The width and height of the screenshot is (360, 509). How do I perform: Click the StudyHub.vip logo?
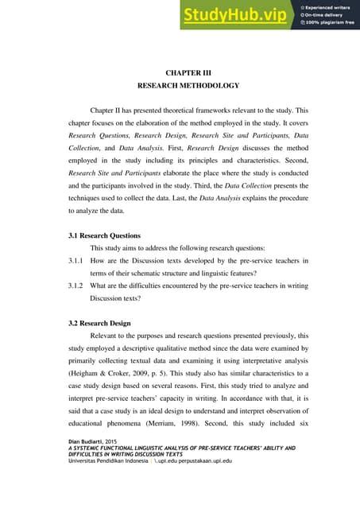pos(235,15)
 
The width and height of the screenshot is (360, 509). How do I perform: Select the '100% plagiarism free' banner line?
pos(329,24)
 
